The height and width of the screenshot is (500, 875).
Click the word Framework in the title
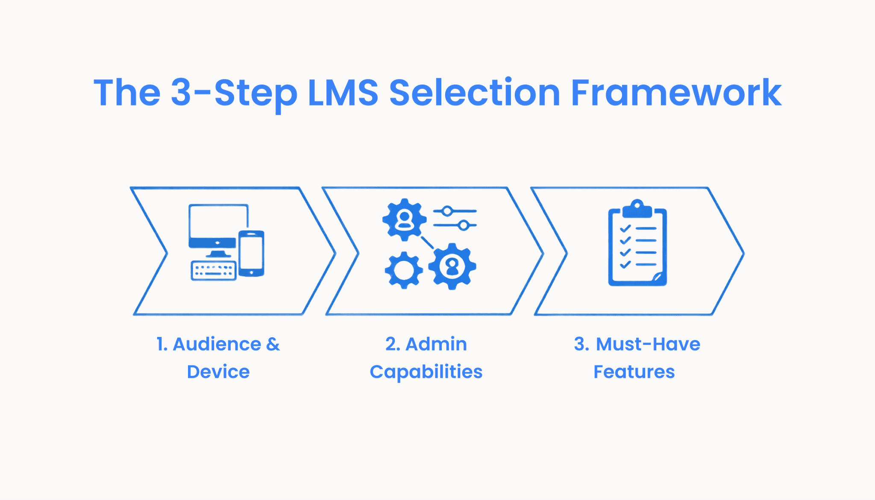676,93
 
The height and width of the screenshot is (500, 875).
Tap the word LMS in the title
343,93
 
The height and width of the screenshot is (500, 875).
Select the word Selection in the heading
475,93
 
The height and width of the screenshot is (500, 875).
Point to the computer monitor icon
218,226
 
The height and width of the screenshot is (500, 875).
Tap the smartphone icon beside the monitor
251,254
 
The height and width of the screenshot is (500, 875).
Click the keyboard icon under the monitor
213,270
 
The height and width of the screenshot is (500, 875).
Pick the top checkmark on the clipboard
625,228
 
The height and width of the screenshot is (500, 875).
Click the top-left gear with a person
404,220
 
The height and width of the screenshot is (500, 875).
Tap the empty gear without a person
404,270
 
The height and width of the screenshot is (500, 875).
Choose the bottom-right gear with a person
452,266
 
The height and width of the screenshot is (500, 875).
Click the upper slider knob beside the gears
447,211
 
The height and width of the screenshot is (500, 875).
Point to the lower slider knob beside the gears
464,225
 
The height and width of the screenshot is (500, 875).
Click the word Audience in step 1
217,344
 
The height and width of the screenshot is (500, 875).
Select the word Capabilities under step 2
426,372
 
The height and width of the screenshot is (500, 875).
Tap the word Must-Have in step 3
648,344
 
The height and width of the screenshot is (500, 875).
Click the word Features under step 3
634,372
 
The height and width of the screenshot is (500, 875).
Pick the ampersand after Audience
273,344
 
